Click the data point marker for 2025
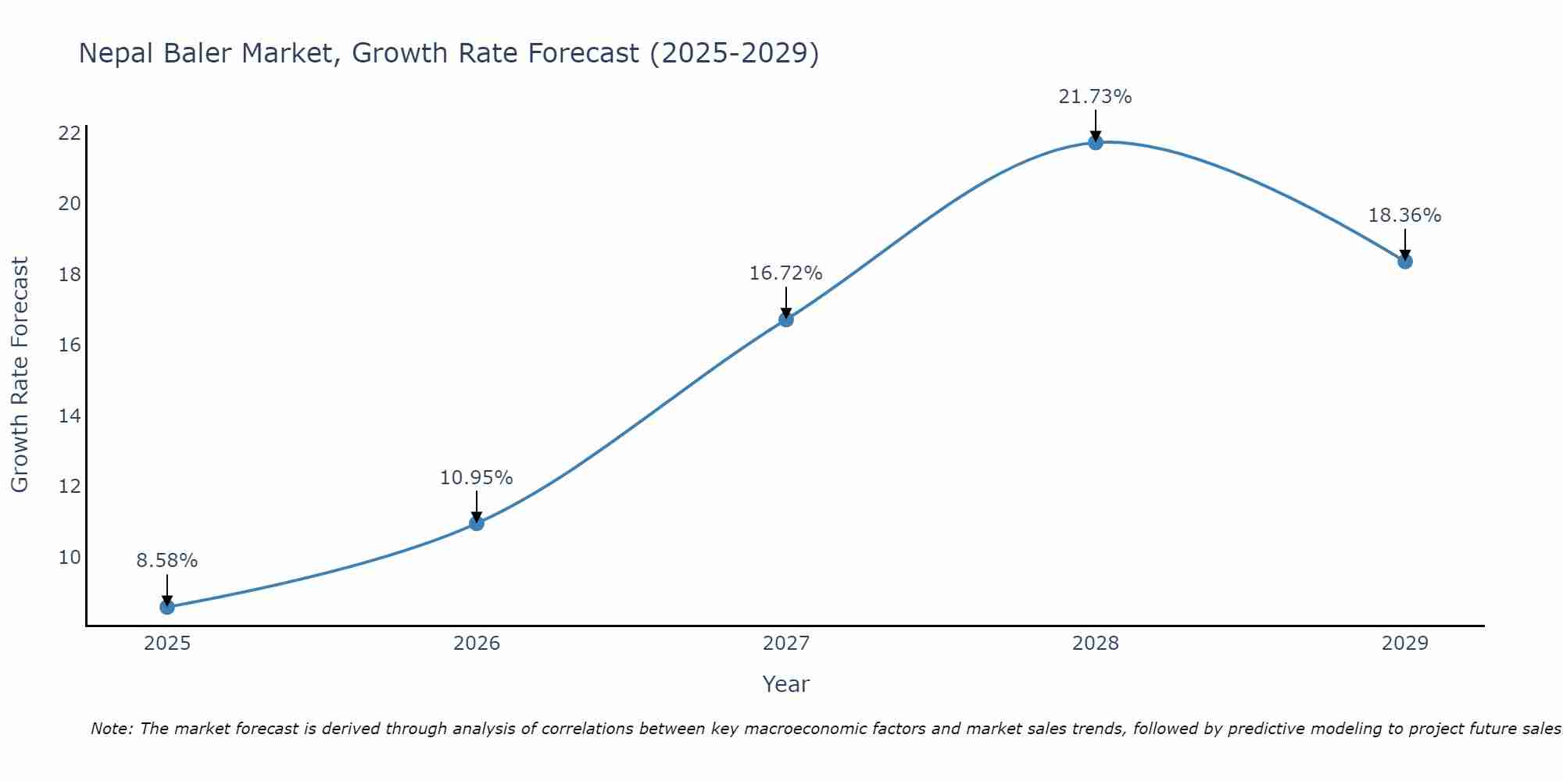tap(167, 607)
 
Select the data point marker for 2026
tap(477, 523)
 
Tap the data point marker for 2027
tap(786, 319)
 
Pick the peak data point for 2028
tap(1096, 142)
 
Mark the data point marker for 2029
tap(1405, 262)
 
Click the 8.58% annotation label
tap(167, 561)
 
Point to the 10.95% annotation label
tap(477, 478)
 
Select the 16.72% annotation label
tap(786, 273)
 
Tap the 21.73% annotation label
tap(1096, 97)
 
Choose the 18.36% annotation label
tap(1405, 216)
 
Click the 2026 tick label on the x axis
tap(477, 644)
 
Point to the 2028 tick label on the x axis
tap(1096, 644)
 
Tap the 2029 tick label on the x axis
tap(1405, 644)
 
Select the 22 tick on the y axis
tap(70, 133)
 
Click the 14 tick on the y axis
tap(70, 415)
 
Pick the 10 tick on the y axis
tap(70, 557)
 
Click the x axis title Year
tap(786, 684)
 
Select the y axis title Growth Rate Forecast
tap(20, 375)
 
